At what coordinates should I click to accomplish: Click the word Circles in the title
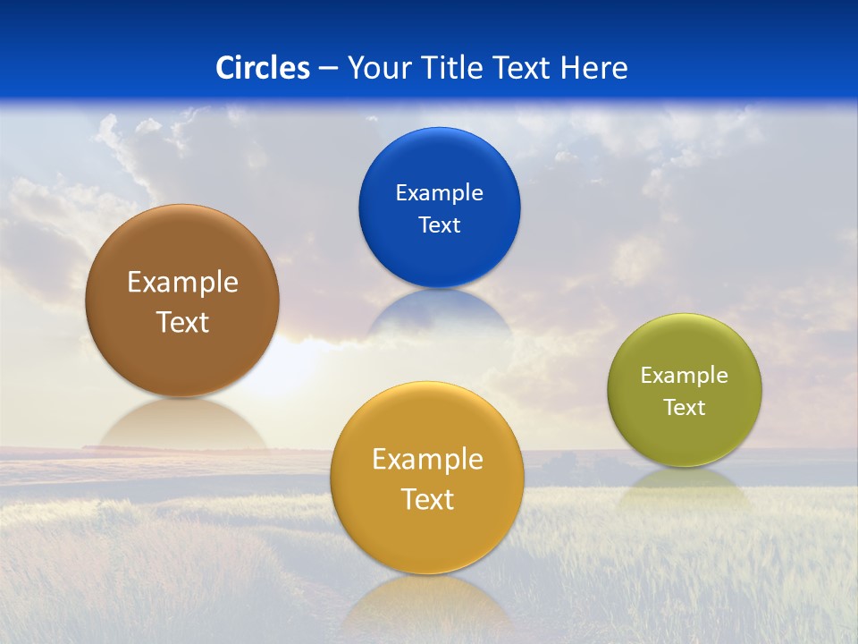(x=263, y=68)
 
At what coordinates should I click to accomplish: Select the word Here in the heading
(x=593, y=68)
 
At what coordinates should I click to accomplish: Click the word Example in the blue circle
(x=439, y=193)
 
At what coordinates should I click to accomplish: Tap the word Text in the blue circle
(x=439, y=225)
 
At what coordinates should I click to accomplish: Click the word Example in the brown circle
(x=182, y=283)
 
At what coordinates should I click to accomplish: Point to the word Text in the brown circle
(x=182, y=322)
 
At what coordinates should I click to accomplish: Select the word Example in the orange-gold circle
(x=427, y=460)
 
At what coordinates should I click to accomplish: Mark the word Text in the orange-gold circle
(x=427, y=499)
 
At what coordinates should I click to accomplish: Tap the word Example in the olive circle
(x=685, y=376)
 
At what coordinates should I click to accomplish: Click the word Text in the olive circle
(x=685, y=408)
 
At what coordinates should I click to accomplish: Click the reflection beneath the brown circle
(x=182, y=424)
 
